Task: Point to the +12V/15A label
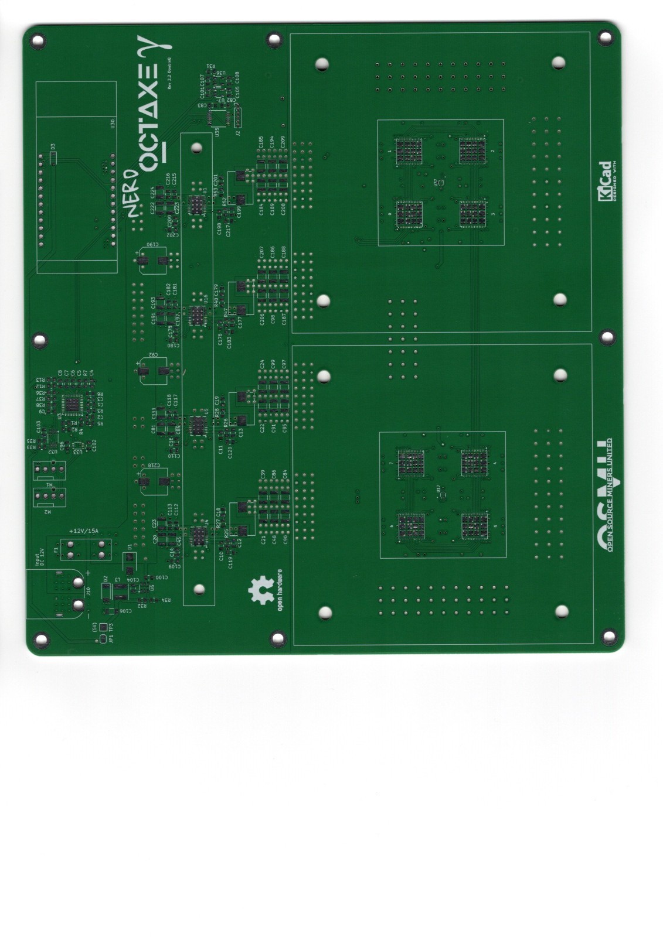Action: (x=84, y=531)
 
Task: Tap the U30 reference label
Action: (x=112, y=124)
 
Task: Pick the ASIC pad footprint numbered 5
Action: (x=474, y=526)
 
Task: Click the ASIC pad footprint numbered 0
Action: (x=410, y=214)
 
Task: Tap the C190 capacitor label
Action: (x=151, y=245)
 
